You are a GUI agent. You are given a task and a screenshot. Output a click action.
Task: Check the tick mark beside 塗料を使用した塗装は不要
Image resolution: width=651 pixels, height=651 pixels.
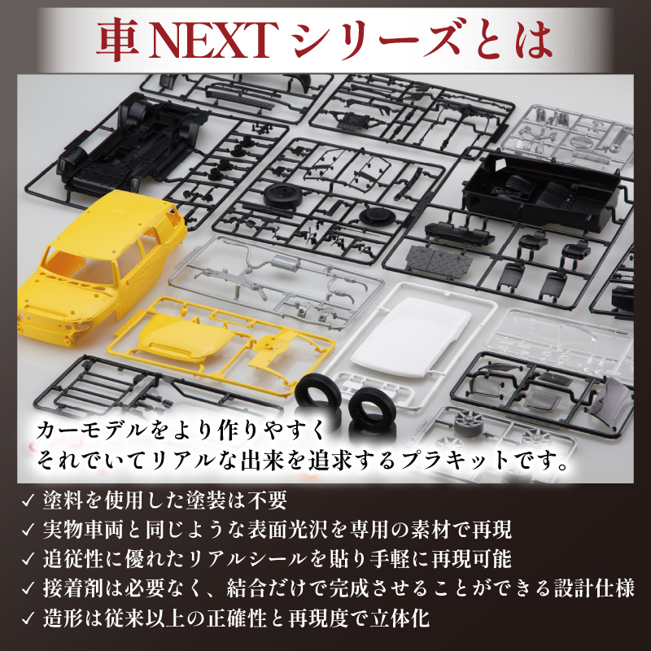[x=28, y=499]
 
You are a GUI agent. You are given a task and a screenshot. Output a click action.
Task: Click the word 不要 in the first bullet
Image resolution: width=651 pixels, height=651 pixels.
[x=268, y=499]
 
